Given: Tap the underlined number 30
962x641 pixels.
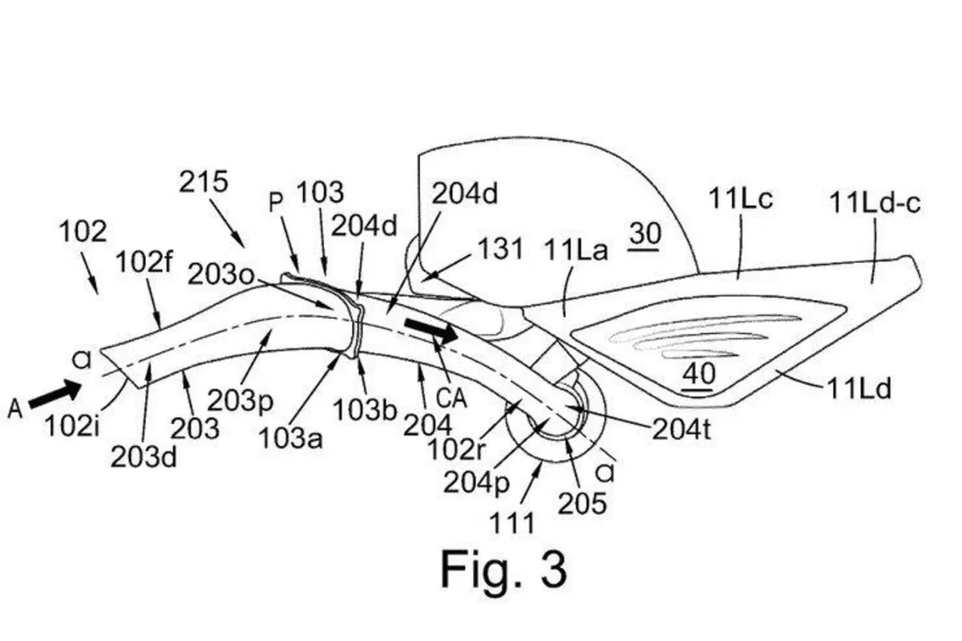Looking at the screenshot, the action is coord(645,234).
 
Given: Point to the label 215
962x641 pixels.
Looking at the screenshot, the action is coord(203,181).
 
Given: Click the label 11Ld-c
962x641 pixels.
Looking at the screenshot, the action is coord(875,202).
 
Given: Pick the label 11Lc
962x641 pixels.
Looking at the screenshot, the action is coord(741,199).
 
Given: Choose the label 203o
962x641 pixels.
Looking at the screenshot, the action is coord(221,274).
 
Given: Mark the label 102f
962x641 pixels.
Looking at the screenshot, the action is coord(144,262).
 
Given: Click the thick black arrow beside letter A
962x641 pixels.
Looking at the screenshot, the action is coord(55,394).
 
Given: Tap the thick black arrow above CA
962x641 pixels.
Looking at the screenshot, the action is coord(431,331).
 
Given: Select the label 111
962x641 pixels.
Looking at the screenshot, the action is coord(512,523).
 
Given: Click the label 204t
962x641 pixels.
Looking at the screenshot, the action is coord(681,428).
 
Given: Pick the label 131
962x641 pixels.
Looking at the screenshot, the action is coord(500,249).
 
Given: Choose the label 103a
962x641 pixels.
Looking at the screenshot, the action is coord(291,439).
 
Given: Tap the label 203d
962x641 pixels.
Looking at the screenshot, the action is coord(143,457).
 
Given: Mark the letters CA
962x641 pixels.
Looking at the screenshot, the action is coord(451,398).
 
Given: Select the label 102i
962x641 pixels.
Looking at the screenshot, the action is coord(72,426).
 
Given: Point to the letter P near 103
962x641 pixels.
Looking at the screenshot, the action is coord(276,202).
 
